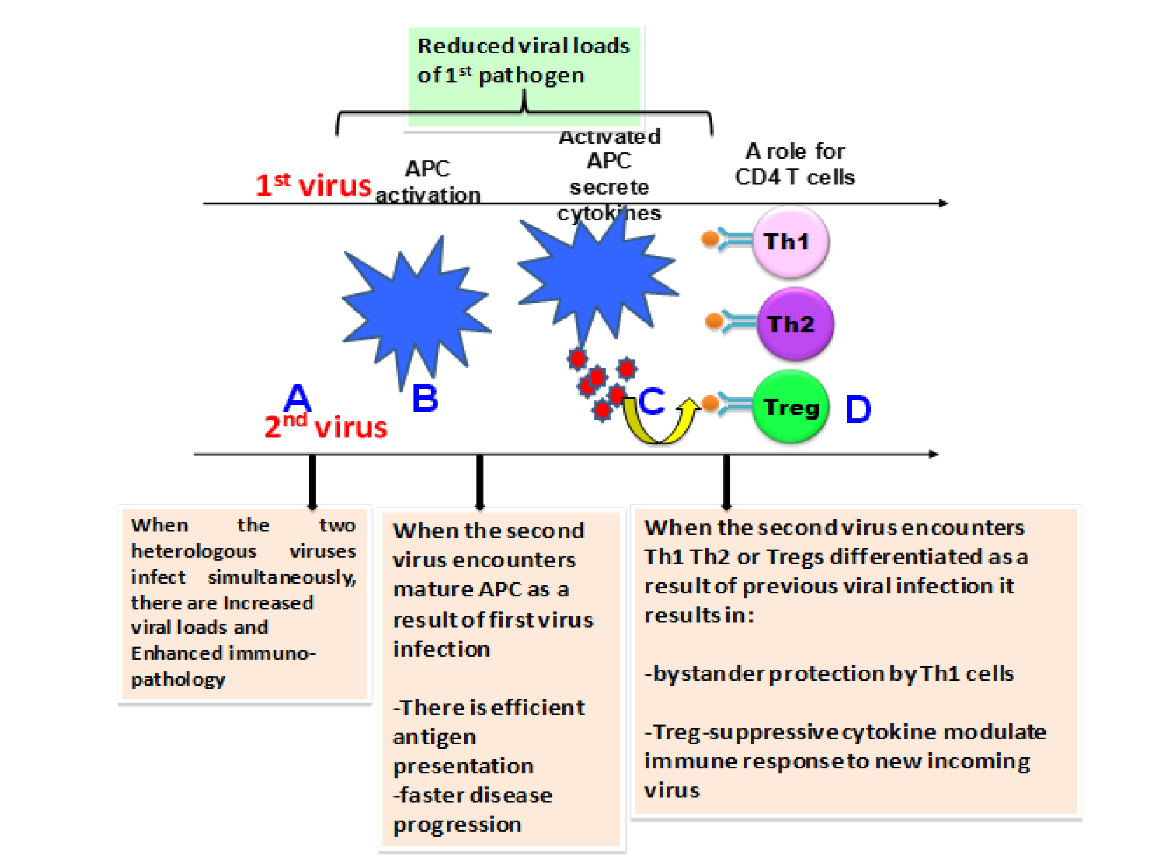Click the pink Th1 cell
pyautogui.click(x=790, y=242)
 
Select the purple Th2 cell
pyautogui.click(x=795, y=323)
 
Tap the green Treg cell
pyautogui.click(x=790, y=406)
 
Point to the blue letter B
pyautogui.click(x=425, y=398)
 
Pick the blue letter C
pyautogui.click(x=652, y=401)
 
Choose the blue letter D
pyautogui.click(x=858, y=409)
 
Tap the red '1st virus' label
pyautogui.click(x=313, y=185)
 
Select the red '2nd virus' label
pyautogui.click(x=326, y=426)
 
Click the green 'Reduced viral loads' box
pyautogui.click(x=524, y=77)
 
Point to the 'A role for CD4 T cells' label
pyautogui.click(x=795, y=164)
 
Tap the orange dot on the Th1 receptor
pyautogui.click(x=710, y=238)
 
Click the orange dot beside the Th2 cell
pyautogui.click(x=714, y=321)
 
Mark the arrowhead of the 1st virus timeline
pyautogui.click(x=945, y=203)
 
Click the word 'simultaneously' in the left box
pyautogui.click(x=282, y=577)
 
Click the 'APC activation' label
pyautogui.click(x=427, y=182)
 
